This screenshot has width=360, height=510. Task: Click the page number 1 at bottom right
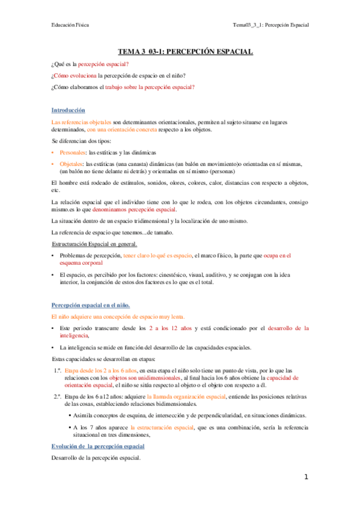[x=306, y=477]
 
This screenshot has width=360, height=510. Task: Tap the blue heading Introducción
[x=69, y=110]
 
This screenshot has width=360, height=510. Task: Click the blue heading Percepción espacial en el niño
[x=90, y=306]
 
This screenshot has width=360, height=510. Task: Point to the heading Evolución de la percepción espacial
[x=98, y=446]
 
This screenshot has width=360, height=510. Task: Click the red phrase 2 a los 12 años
[x=171, y=328]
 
